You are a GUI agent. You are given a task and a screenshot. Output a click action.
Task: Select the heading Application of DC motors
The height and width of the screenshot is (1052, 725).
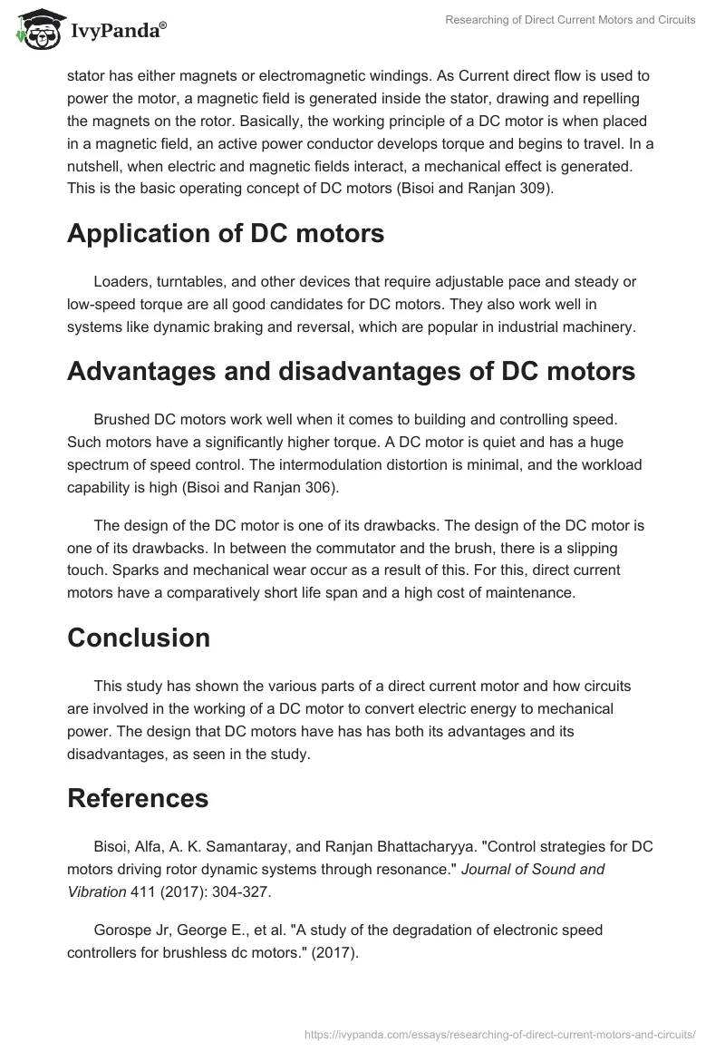pyautogui.click(x=226, y=233)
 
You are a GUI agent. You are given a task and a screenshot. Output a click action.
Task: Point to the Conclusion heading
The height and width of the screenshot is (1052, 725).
pyautogui.click(x=139, y=637)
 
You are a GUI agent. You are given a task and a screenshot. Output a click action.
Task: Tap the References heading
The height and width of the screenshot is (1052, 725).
pyautogui.click(x=138, y=798)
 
